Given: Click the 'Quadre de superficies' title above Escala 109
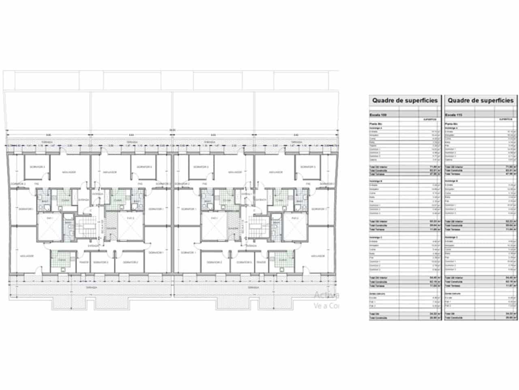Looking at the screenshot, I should (405, 100).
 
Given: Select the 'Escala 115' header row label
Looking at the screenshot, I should (453, 115).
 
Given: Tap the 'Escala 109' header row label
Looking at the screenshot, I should (378, 115).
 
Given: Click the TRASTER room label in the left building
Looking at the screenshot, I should (84, 262).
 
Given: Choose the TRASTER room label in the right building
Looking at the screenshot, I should (261, 262).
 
